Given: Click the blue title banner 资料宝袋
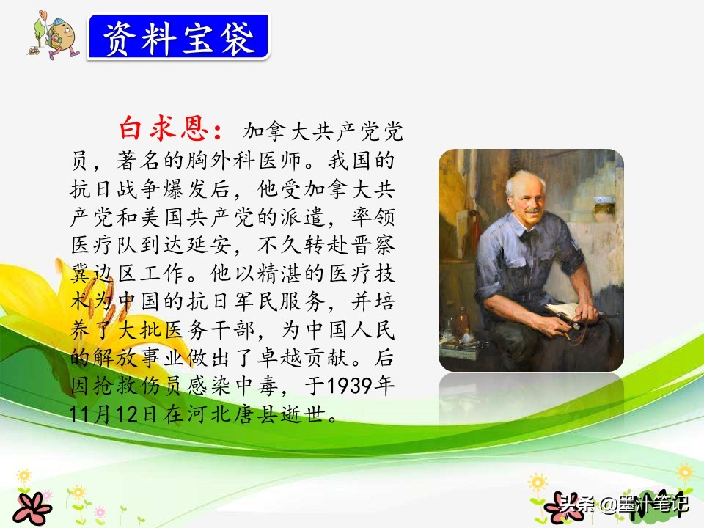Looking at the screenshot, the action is (179, 37).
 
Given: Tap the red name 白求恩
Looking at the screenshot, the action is (164, 129).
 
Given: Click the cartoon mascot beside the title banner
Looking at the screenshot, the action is (54, 36).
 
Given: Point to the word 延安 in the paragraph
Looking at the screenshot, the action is (209, 245).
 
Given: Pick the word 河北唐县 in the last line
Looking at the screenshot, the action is (232, 414).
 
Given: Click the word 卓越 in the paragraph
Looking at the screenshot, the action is (279, 358).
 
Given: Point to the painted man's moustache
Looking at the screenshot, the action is (532, 210).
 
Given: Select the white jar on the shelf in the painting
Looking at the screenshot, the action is (603, 208).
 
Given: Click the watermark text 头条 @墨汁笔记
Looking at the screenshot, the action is (623, 503).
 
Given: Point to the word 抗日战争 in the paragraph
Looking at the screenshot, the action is (116, 189).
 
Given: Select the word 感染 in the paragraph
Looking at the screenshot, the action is (209, 386).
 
